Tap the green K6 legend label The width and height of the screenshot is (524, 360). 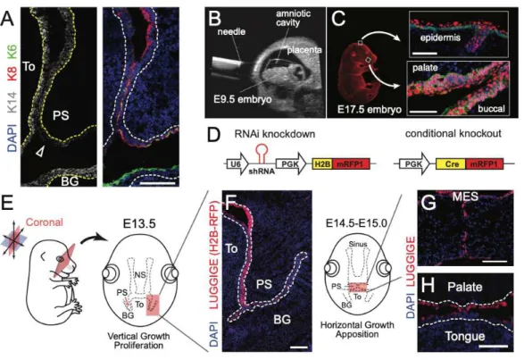(12, 54)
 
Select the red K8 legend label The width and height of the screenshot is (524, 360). (12, 74)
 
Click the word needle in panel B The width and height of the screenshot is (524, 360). (231, 32)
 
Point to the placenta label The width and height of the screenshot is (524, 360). (304, 50)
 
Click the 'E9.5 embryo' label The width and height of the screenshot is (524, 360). (243, 100)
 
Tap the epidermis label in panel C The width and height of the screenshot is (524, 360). (440, 38)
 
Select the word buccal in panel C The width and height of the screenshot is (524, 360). (491, 108)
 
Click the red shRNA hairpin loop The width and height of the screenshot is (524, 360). (262, 154)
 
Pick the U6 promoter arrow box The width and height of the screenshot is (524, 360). (237, 164)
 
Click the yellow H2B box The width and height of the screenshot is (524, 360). (322, 164)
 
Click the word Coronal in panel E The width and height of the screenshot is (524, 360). (44, 222)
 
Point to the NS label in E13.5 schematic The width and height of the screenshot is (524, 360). (139, 275)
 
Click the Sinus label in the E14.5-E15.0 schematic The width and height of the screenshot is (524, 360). (358, 244)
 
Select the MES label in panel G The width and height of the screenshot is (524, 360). (465, 197)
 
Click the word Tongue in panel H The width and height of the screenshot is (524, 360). (465, 336)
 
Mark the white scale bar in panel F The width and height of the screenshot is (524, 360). (299, 347)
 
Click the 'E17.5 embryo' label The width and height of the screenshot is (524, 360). (370, 110)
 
